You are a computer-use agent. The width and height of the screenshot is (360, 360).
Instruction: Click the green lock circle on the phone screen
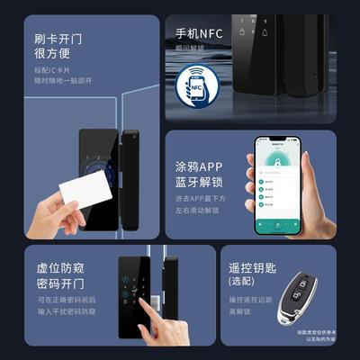click(x=274, y=160)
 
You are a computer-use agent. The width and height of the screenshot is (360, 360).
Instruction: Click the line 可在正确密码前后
click(x=64, y=301)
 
